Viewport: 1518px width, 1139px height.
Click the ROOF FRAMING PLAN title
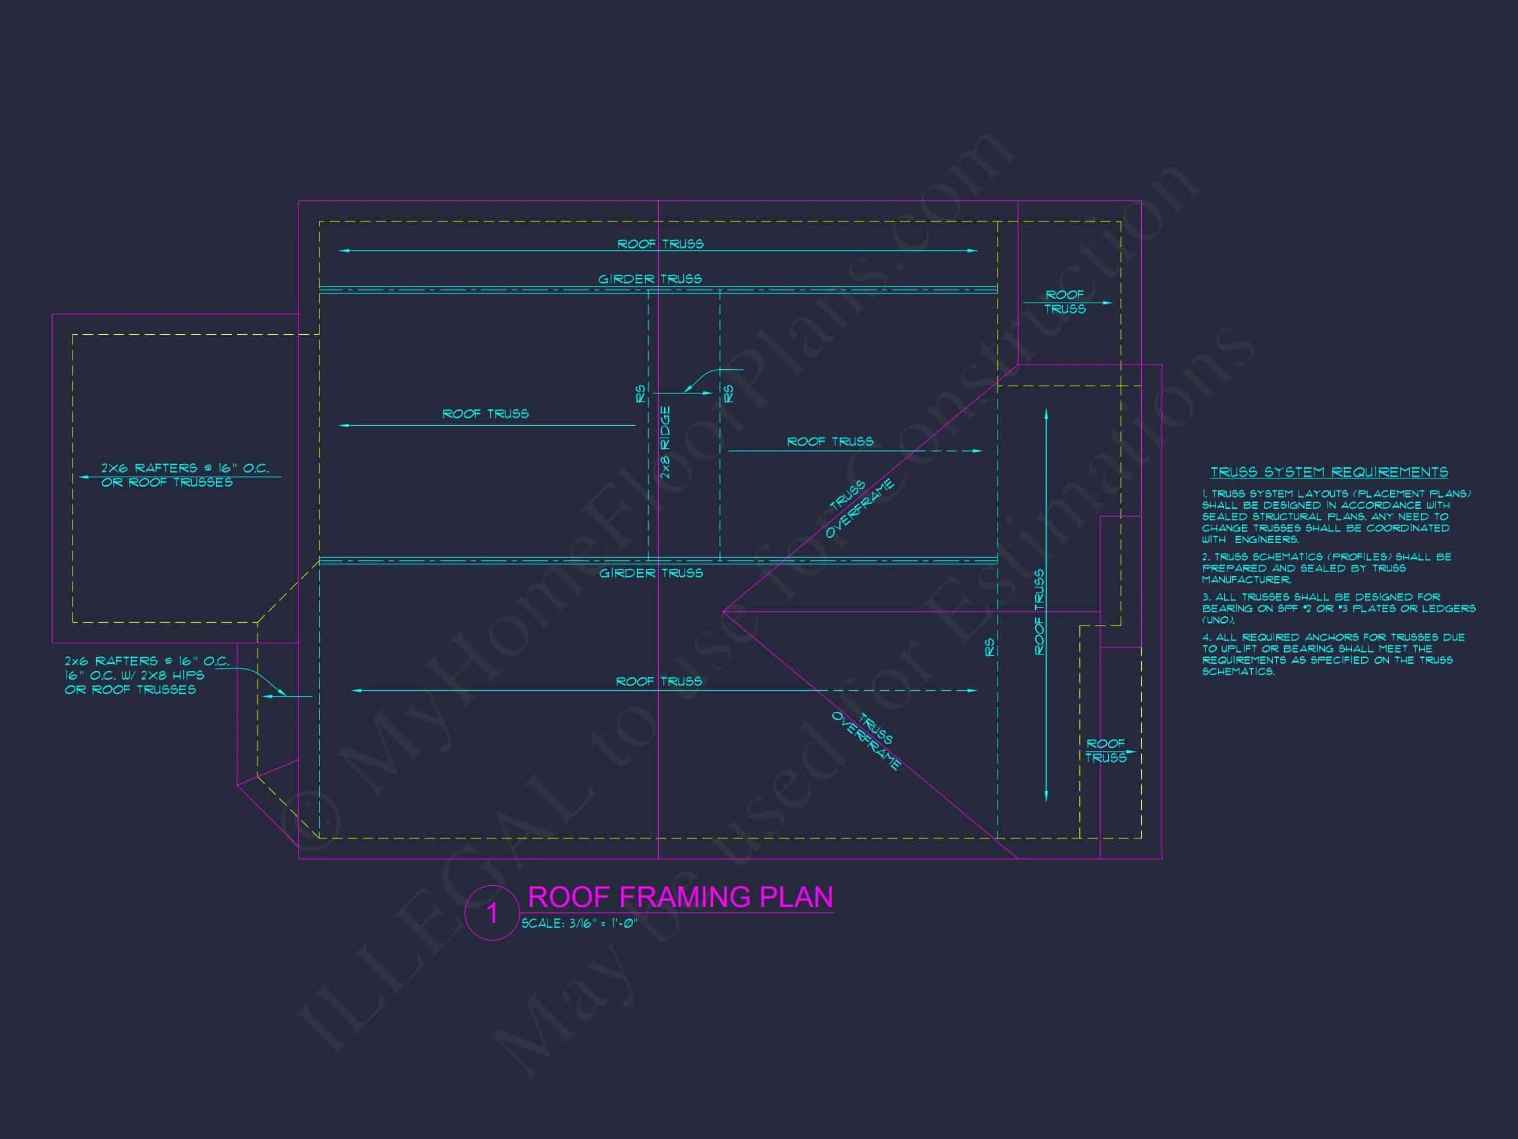(680, 896)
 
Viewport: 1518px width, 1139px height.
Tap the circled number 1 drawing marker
(492, 913)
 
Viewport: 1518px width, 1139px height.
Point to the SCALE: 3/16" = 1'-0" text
(580, 923)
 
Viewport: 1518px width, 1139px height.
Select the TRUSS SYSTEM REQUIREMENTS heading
(1330, 473)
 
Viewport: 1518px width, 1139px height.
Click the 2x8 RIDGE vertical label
(665, 443)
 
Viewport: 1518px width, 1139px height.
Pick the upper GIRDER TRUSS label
(650, 279)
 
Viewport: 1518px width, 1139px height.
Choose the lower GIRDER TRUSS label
(651, 573)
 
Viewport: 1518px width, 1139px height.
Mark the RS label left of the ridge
(641, 394)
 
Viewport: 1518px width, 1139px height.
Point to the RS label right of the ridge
(729, 394)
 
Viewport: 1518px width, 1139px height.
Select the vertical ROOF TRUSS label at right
(1040, 612)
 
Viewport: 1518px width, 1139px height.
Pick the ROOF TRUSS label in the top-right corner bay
(1065, 302)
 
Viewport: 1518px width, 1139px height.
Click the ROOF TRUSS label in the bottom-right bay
(1106, 750)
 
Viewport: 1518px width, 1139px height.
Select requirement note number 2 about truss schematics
(1326, 568)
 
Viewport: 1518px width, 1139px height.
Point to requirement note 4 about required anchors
(1333, 655)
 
